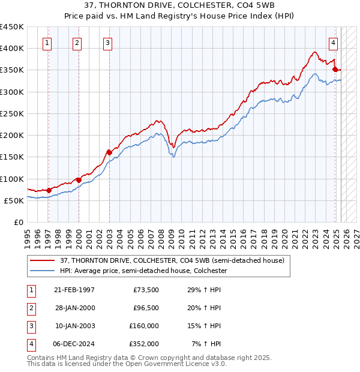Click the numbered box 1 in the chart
pos(47,42)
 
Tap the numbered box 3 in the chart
pos(107,42)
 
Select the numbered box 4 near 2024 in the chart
pos(333,42)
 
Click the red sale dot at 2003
pos(109,152)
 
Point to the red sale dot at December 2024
pos(335,70)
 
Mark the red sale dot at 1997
pos(49,190)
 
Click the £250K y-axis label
pos(11,113)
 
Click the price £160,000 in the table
pos(144,326)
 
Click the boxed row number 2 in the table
pos(30,308)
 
